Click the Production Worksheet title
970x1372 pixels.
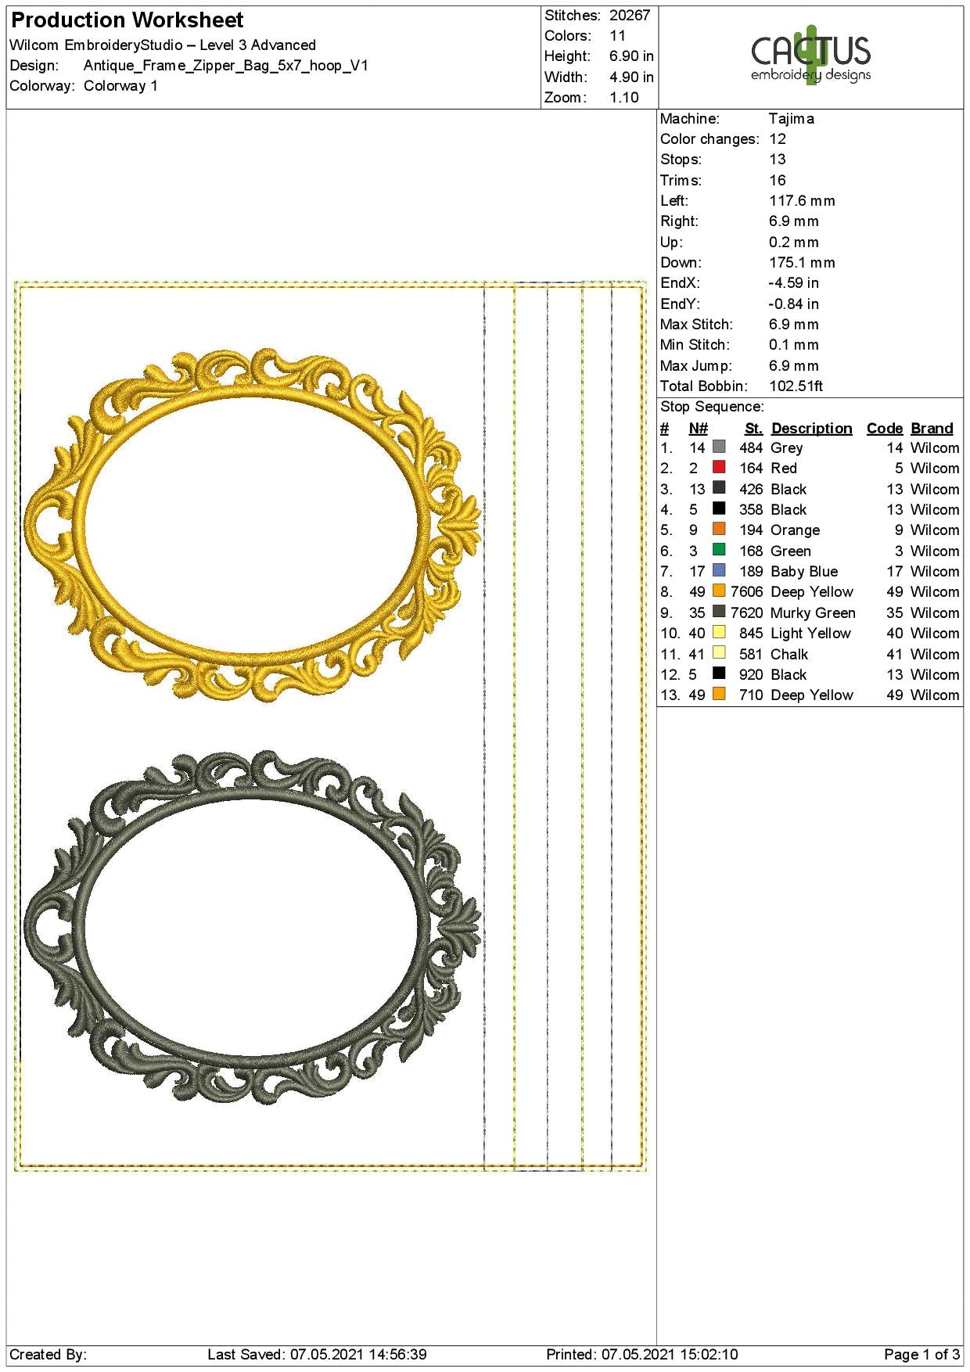click(x=128, y=20)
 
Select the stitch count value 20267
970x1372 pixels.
click(x=630, y=15)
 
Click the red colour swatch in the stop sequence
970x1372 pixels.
click(x=719, y=467)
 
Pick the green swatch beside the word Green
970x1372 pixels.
click(x=719, y=550)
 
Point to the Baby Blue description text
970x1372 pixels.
click(x=804, y=572)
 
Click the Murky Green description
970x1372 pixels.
click(x=813, y=613)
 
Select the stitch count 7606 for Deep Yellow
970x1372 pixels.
click(x=747, y=592)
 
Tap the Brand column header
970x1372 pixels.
click(x=932, y=429)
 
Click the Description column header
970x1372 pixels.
click(x=812, y=429)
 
